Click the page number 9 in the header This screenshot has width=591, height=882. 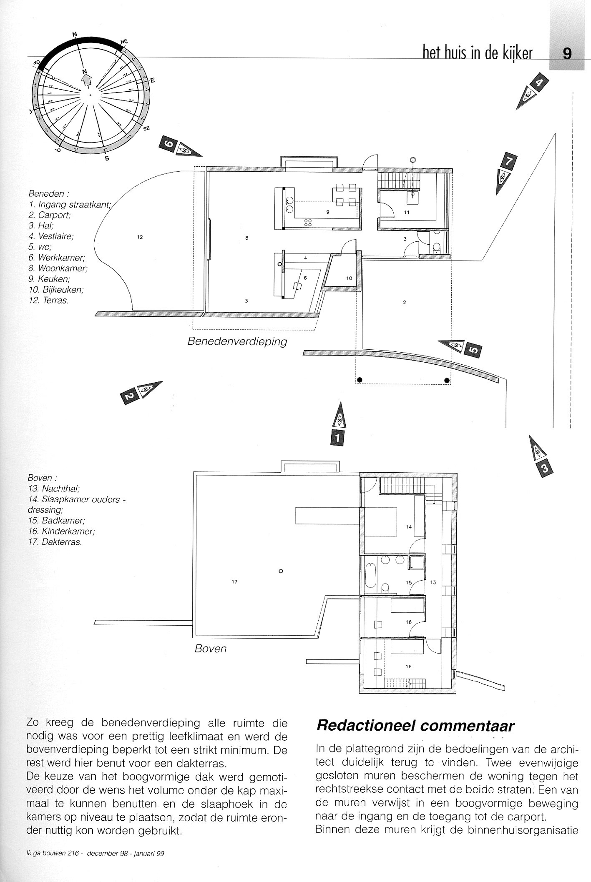[x=567, y=54]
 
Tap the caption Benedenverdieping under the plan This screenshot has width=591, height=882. [x=237, y=341]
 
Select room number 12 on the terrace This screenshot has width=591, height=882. [x=140, y=238]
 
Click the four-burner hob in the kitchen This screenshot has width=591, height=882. [x=308, y=222]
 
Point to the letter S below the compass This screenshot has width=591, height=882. [x=107, y=158]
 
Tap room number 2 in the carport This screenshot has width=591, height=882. [x=405, y=303]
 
